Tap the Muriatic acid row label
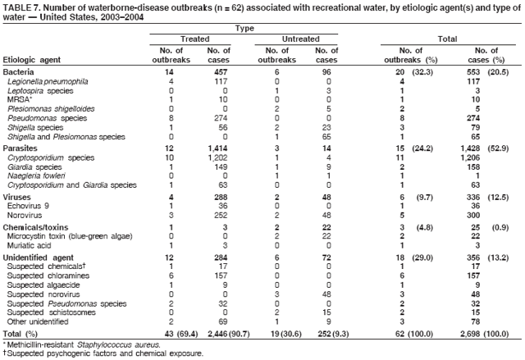point(31,245)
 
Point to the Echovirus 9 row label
point(30,205)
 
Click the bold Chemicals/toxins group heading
point(35,226)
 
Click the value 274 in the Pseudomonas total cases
point(472,117)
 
